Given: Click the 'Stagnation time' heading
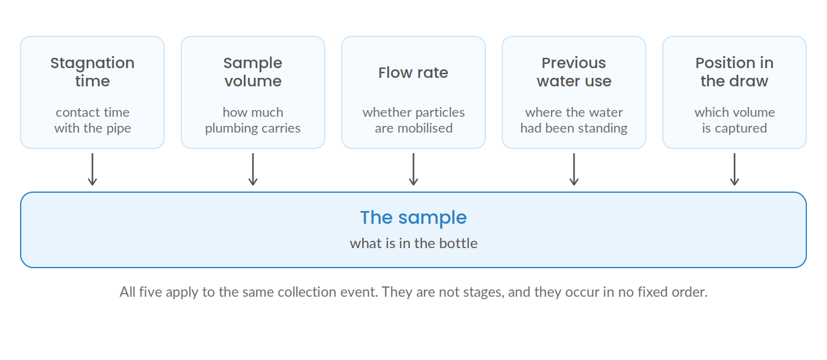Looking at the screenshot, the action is pos(92,72).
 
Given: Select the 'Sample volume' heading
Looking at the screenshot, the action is pos(253,72).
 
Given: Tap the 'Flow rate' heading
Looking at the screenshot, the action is pos(413,73).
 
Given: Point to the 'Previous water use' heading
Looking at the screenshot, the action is pos(574,72).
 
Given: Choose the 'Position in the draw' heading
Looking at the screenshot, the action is pos(735,72).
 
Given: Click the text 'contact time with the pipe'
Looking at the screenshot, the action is pos(92,120).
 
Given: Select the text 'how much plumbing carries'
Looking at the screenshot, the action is pos(253,120).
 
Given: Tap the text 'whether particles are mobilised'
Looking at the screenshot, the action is pos(413,120).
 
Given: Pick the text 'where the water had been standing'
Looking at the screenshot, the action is pos(574,120).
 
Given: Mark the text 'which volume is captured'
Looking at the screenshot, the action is pos(735,120).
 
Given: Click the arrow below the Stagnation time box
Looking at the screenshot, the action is pos(92,170).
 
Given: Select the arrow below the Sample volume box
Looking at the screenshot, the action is pos(253,170).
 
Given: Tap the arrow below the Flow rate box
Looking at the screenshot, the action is pos(413,170).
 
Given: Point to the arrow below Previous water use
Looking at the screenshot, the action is pos(574,170).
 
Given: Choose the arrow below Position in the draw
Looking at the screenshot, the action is pos(735,170).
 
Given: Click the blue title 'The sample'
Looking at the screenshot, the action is pos(413,218).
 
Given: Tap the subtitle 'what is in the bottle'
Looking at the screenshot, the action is pos(413,243).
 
